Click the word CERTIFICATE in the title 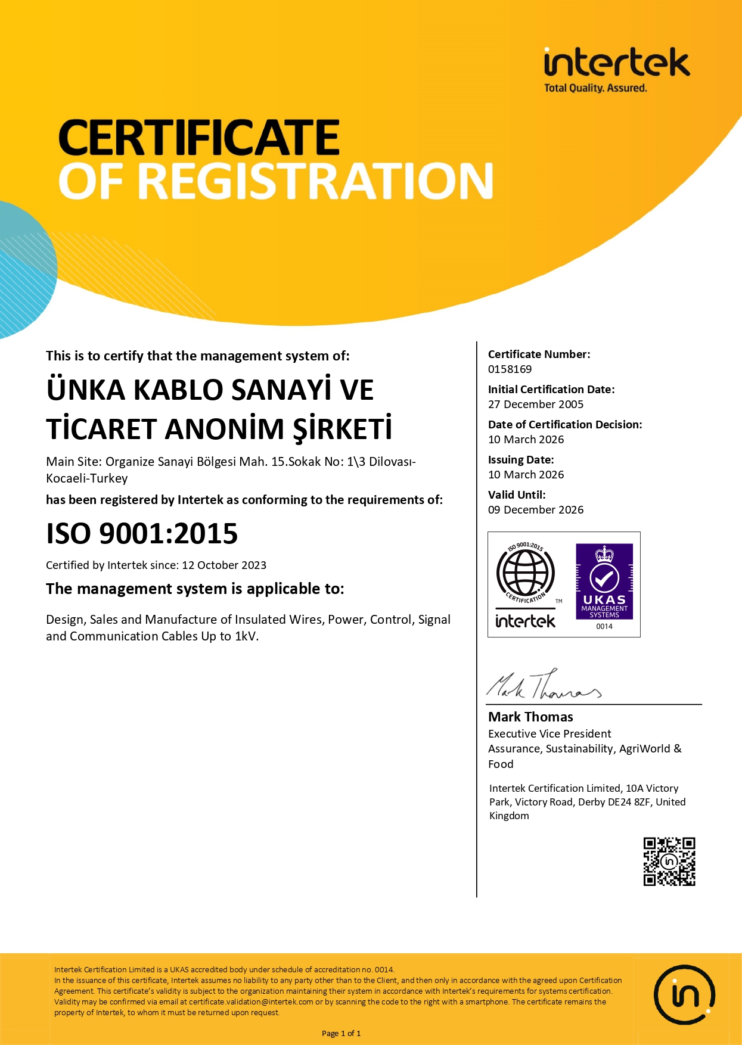click(x=199, y=138)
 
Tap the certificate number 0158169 click(x=510, y=369)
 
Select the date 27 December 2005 click(x=535, y=405)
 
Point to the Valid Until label click(x=516, y=494)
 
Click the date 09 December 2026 click(x=535, y=510)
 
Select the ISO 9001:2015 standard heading click(x=142, y=533)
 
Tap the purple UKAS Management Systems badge click(x=604, y=582)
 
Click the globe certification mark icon click(x=525, y=573)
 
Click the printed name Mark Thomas click(x=530, y=717)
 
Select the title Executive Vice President click(x=549, y=734)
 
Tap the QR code click(x=669, y=861)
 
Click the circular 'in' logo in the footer click(x=684, y=995)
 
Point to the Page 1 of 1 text click(x=341, y=1034)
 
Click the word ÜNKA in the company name click(x=85, y=390)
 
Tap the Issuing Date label click(x=520, y=460)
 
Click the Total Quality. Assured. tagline click(x=595, y=88)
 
